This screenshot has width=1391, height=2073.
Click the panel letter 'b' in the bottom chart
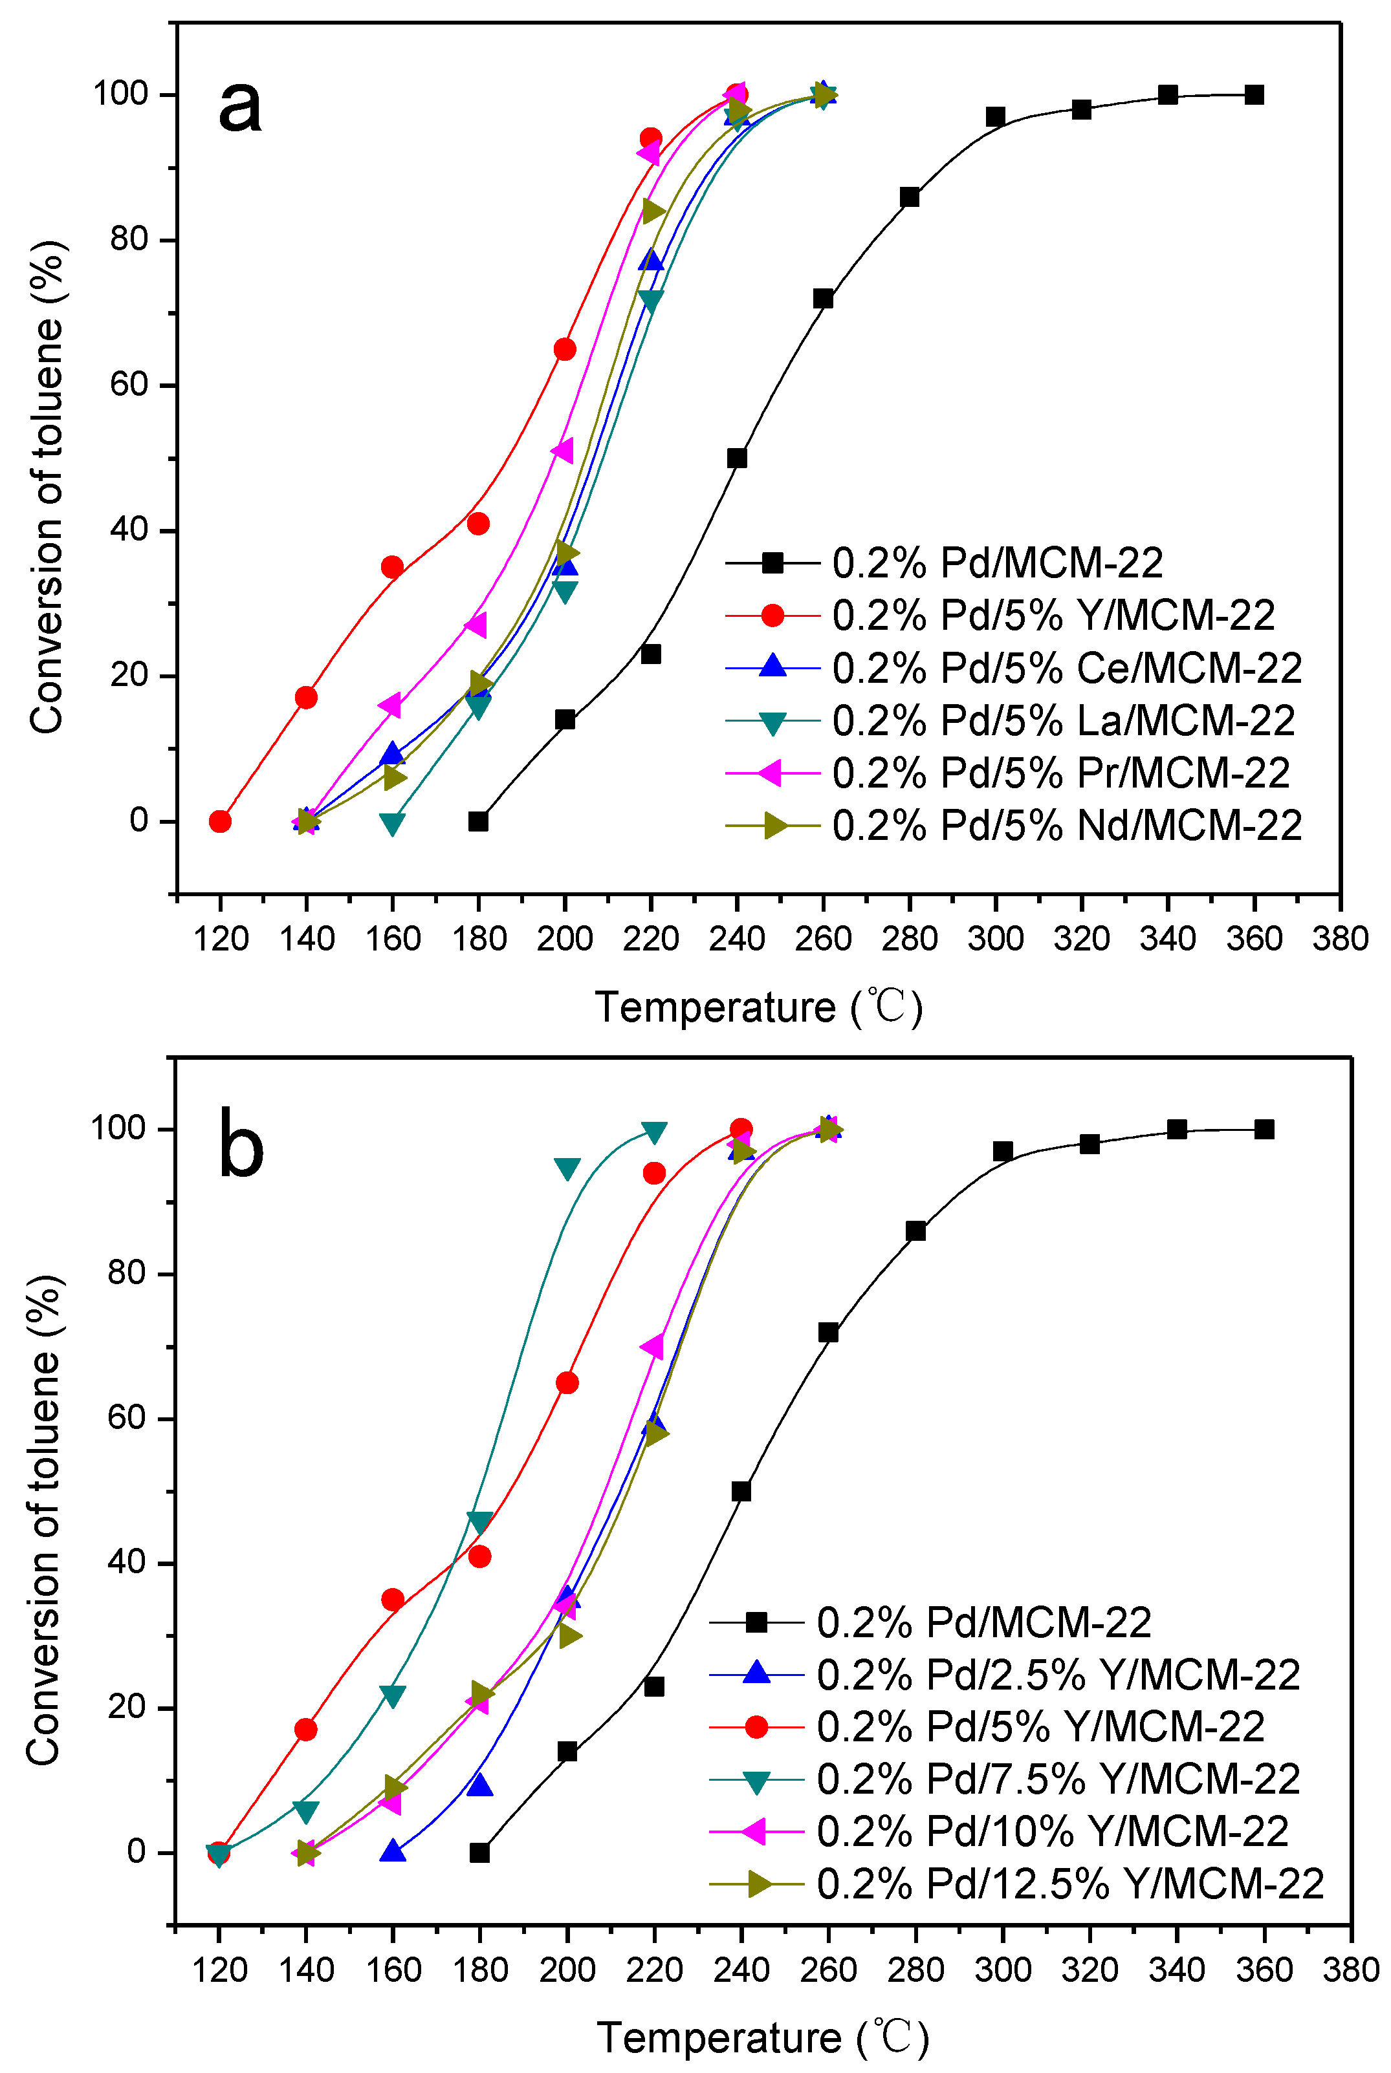[241, 1143]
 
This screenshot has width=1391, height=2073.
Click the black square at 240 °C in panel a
[736, 458]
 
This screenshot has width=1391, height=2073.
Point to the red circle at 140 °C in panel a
[306, 697]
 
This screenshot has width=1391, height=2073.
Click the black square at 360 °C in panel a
[1253, 95]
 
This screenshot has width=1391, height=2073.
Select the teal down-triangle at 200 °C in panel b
[567, 1168]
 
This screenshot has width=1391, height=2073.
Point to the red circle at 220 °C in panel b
[654, 1173]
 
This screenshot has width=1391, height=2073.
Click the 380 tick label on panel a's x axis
[1339, 939]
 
